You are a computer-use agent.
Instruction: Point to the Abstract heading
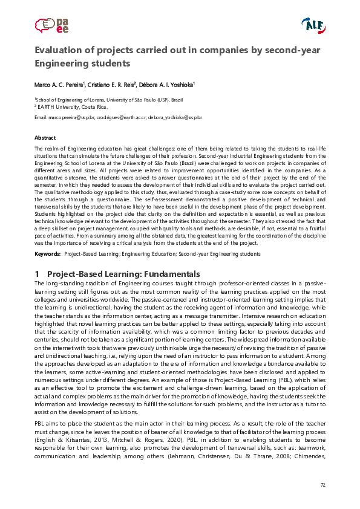(45, 138)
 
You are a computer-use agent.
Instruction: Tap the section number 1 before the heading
(38, 274)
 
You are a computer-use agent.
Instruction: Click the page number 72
(322, 484)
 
